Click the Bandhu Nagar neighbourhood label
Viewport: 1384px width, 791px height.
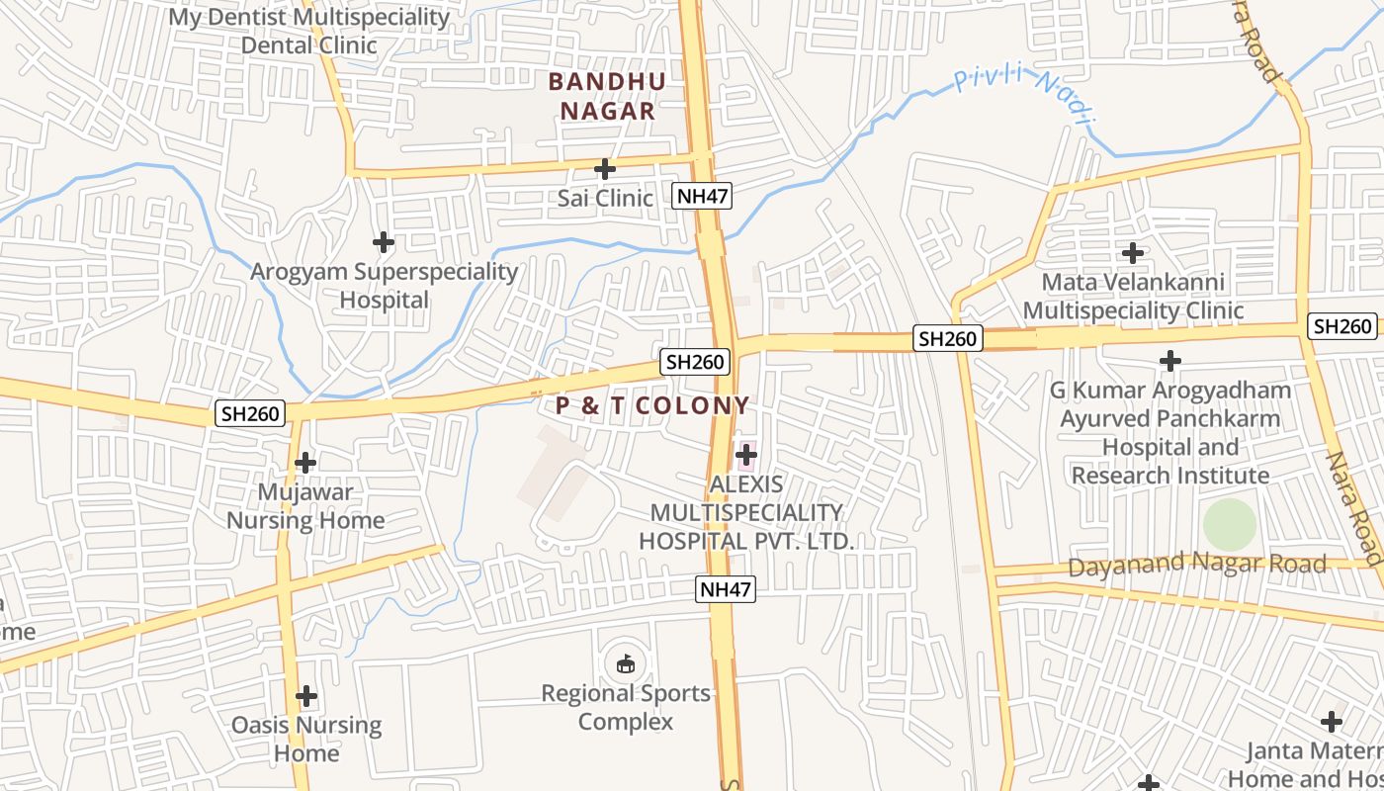(607, 96)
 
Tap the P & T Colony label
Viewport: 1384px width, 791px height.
(652, 405)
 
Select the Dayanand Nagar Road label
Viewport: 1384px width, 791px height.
(1196, 565)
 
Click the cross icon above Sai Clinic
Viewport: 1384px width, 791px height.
(605, 169)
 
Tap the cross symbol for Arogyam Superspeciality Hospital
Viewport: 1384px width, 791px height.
(383, 241)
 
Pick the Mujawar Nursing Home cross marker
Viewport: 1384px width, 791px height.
(305, 462)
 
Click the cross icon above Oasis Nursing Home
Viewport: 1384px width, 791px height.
(306, 696)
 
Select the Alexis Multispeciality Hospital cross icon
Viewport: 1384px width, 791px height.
(746, 455)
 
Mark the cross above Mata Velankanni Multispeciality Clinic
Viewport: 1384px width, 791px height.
(1133, 252)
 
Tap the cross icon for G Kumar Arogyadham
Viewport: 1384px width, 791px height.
(1170, 361)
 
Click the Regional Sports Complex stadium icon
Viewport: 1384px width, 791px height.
(625, 663)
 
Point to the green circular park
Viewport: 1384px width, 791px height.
(1229, 525)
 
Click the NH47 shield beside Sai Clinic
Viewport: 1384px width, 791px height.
(703, 196)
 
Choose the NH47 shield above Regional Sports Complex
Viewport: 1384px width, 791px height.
(726, 590)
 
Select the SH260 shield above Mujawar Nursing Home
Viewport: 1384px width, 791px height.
(251, 413)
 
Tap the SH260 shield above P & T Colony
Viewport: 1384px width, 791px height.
(696, 362)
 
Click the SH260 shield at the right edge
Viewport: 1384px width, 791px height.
(1342, 326)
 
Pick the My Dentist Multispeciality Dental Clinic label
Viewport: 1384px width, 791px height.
(309, 32)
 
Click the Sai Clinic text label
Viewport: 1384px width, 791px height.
(605, 198)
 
